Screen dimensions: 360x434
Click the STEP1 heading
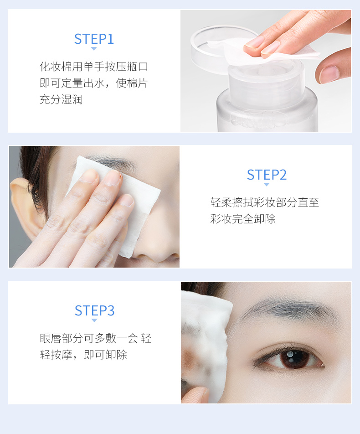(94, 39)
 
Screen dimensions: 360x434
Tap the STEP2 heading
(267, 175)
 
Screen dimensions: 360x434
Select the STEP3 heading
(94, 310)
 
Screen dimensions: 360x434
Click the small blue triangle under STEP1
(94, 49)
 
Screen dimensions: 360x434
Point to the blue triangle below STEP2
(267, 185)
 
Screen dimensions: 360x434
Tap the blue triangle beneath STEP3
(94, 320)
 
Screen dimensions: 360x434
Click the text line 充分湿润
(61, 99)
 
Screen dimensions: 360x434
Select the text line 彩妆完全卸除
(243, 219)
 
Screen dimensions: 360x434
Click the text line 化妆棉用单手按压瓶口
(94, 67)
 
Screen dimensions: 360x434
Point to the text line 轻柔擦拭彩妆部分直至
(265, 202)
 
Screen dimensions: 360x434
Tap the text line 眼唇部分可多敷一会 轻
(95, 338)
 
